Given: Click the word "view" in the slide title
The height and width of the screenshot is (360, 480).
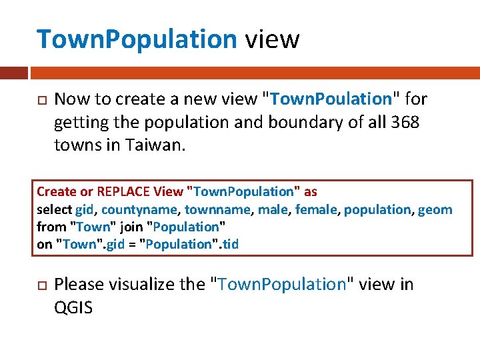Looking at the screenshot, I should (x=272, y=39).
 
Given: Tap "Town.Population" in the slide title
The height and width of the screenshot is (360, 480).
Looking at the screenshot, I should (x=137, y=39).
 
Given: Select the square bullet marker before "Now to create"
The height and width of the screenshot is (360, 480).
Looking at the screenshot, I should (x=39, y=100).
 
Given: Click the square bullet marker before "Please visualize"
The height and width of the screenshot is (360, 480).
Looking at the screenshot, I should (x=39, y=285).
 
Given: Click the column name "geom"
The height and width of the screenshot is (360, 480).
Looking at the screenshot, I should (x=435, y=209).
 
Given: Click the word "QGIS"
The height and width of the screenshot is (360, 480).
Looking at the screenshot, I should (x=73, y=307).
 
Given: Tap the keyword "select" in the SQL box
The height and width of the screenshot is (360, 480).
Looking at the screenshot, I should (x=55, y=209).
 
